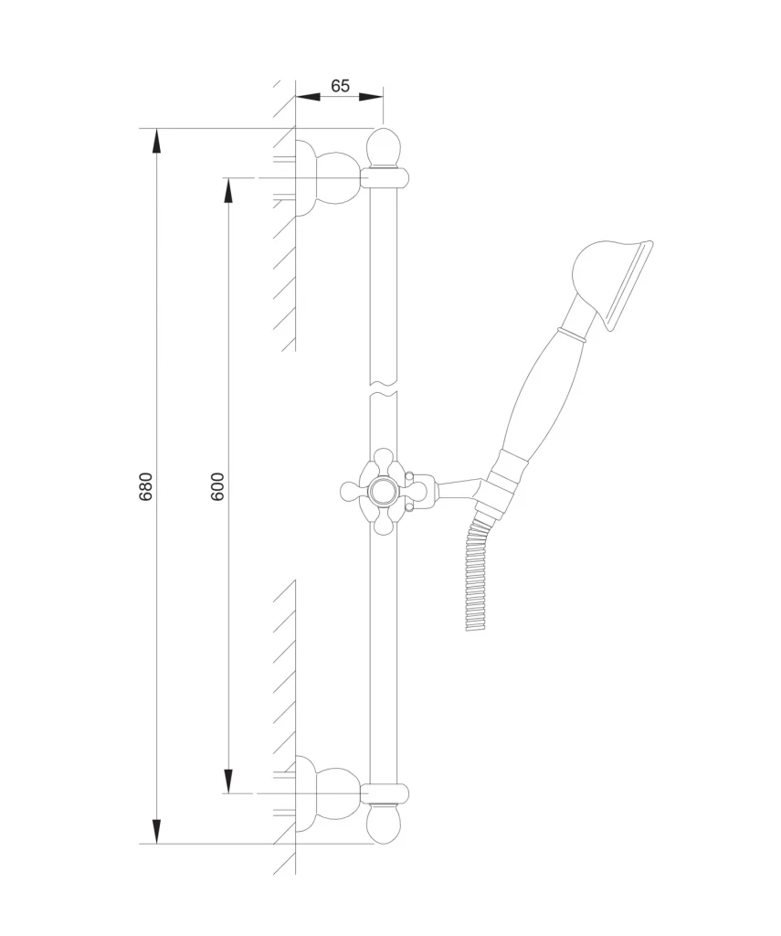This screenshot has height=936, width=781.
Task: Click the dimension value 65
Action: point(340,86)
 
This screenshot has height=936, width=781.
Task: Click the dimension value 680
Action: point(146,486)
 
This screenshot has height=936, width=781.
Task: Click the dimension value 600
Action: point(217,486)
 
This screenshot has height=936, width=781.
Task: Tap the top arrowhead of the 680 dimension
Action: point(156,143)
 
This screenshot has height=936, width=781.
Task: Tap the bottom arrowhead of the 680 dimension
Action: point(156,830)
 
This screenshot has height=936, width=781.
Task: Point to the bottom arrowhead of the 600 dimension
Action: point(228,780)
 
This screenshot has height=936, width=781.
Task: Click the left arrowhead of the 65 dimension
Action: point(309,96)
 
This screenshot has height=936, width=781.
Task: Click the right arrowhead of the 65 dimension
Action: point(371,96)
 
